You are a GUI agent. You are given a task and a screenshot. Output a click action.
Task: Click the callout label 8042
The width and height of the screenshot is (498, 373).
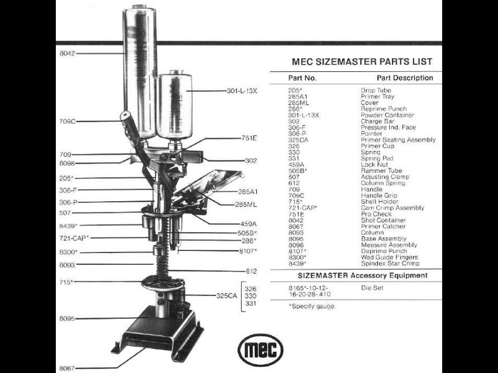pyautogui.click(x=67, y=54)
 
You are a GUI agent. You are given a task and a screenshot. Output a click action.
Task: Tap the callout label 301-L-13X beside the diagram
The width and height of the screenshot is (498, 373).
pyautogui.click(x=242, y=90)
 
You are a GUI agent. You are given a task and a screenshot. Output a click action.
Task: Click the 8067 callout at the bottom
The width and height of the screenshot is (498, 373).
pyautogui.click(x=67, y=369)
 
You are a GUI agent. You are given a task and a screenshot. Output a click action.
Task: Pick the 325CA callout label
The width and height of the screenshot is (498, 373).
pyautogui.click(x=227, y=296)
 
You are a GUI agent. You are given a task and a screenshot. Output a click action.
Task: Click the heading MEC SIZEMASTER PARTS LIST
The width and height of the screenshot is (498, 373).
pyautogui.click(x=362, y=62)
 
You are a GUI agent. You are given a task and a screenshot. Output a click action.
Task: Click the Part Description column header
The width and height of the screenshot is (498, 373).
pyautogui.click(x=405, y=78)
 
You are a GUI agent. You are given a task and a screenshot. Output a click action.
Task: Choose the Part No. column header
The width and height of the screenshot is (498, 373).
pyautogui.click(x=303, y=78)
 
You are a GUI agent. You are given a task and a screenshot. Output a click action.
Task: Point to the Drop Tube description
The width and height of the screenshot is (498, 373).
pyautogui.click(x=376, y=90)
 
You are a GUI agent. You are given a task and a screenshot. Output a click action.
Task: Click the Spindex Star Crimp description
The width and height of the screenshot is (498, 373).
pyautogui.click(x=390, y=263)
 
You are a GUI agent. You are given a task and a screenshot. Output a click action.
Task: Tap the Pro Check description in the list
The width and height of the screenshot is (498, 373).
pyautogui.click(x=376, y=214)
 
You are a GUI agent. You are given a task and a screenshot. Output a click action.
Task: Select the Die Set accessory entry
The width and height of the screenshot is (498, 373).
pyautogui.click(x=372, y=288)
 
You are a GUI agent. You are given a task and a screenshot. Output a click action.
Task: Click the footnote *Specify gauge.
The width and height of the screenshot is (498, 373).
pyautogui.click(x=312, y=306)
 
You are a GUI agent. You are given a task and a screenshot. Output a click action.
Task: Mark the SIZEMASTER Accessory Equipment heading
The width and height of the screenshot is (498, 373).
pyautogui.click(x=362, y=275)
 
